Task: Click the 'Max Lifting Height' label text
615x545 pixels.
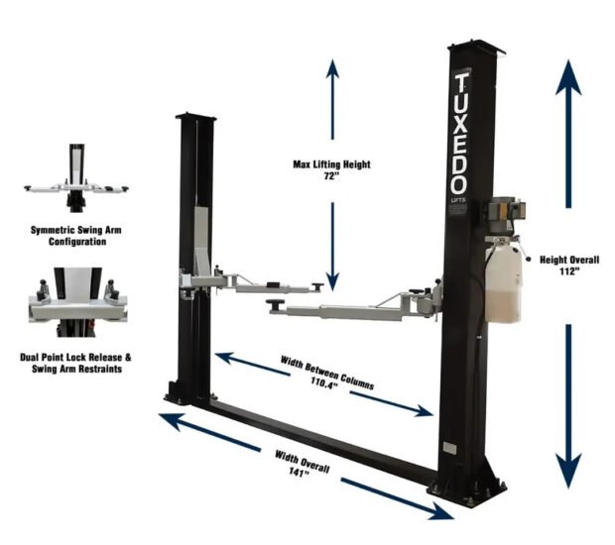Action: click(331, 164)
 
